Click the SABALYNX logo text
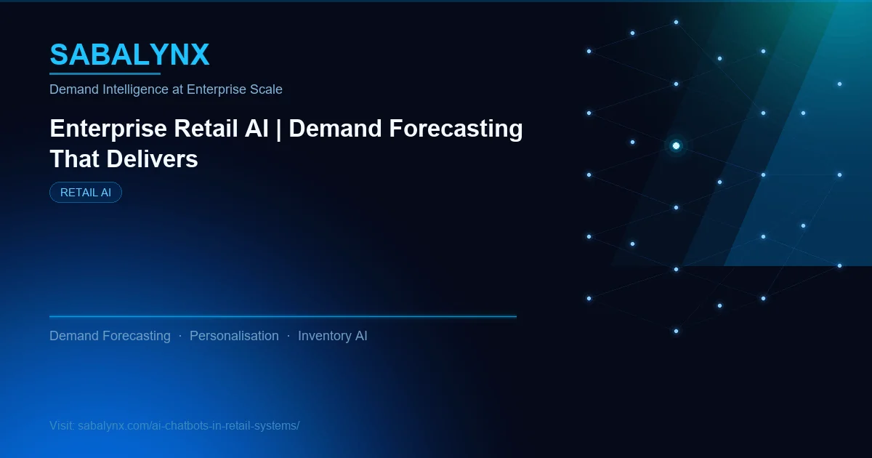(129, 55)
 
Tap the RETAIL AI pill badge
(86, 193)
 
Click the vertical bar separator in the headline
(278, 129)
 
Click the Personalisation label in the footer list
(234, 336)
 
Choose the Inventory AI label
(332, 336)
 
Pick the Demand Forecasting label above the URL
(110, 336)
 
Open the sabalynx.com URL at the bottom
(188, 426)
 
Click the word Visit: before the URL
(61, 426)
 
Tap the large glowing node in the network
(676, 146)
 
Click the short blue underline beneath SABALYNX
(105, 73)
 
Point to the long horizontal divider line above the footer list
(283, 317)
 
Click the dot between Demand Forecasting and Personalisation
(180, 336)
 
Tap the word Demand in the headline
(335, 129)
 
